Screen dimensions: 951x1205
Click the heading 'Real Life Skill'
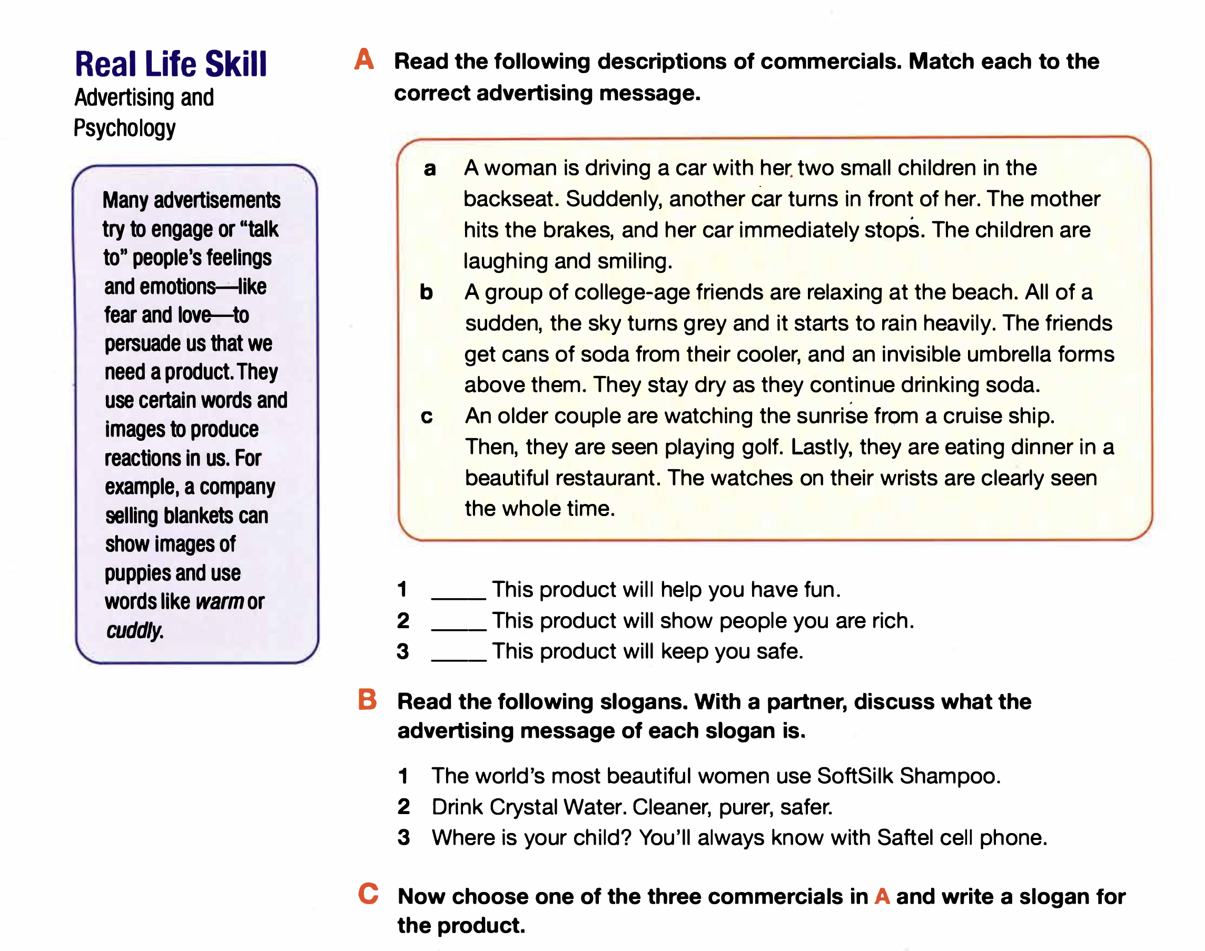click(171, 64)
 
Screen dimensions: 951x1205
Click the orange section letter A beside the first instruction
click(364, 60)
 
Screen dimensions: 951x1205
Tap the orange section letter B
click(367, 700)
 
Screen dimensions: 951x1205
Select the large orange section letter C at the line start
click(368, 894)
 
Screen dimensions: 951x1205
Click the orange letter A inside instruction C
click(882, 896)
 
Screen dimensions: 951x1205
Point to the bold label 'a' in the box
click(429, 168)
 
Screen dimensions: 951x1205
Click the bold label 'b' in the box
click(426, 292)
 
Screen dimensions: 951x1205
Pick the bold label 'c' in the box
click(427, 417)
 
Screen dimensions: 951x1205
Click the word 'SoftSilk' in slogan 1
click(855, 776)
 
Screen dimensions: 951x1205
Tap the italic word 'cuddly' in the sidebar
click(134, 631)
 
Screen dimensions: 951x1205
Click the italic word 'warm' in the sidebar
click(220, 602)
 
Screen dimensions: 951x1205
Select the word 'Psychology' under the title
click(125, 128)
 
